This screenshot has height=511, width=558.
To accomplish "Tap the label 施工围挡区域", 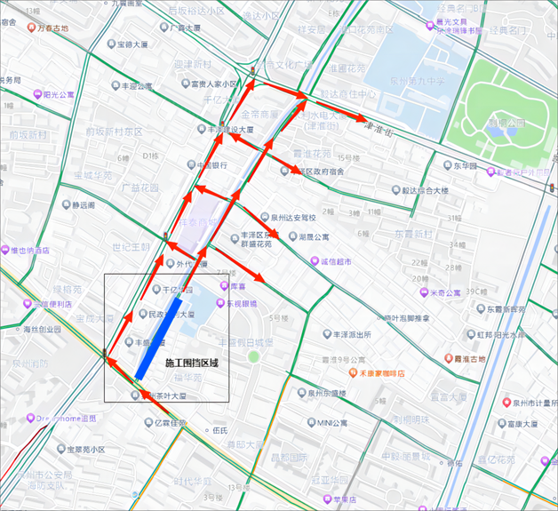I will click(x=191, y=363).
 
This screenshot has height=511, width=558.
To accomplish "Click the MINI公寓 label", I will click(x=337, y=423).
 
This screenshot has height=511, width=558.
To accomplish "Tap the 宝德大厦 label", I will click(x=132, y=44).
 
